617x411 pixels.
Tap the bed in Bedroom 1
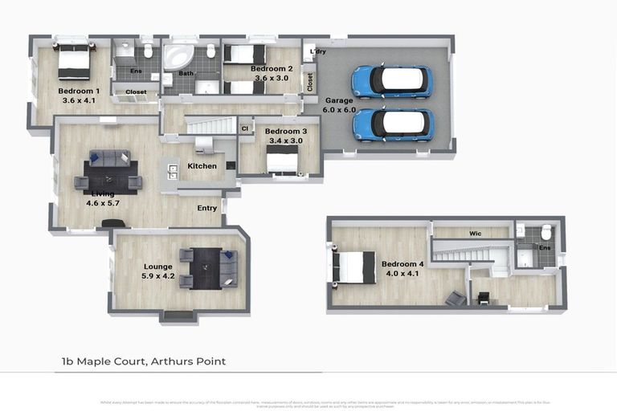point(73,59)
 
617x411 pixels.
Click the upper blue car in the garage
point(391,81)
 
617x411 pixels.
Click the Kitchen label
point(202,166)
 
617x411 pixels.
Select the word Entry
point(207,209)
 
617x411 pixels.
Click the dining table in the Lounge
point(207,267)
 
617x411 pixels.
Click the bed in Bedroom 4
point(355,267)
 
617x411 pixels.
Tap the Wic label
point(476,233)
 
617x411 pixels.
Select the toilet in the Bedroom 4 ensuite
point(546,233)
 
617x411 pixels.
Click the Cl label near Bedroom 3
point(244,128)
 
